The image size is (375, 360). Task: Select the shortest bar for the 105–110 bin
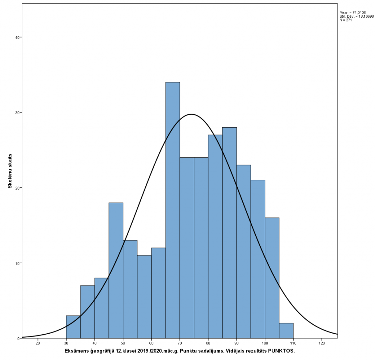coord(286,331)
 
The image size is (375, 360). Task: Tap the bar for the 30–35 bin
coord(73,327)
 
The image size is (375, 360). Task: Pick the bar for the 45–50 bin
coord(116,271)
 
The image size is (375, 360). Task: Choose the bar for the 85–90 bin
coord(229,233)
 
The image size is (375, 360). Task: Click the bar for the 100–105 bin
coord(272,278)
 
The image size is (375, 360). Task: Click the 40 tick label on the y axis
coord(17,37)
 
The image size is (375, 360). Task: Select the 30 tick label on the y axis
coord(17,113)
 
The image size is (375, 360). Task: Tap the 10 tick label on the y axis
coord(17,263)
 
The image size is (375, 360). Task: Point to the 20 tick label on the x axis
coord(38,344)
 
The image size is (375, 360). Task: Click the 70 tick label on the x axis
coord(180,344)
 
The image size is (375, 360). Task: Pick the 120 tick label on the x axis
coord(322,344)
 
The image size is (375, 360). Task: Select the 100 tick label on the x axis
coord(265,344)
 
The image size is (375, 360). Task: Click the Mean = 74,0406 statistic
coord(353,13)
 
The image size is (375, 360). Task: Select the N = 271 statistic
coord(346,20)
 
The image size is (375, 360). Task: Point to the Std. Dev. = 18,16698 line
coord(357,16)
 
